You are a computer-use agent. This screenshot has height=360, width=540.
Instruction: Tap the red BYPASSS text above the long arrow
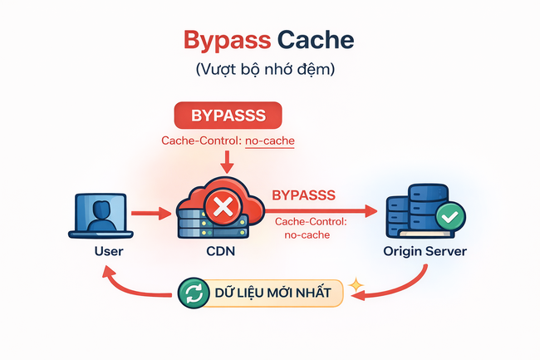304,196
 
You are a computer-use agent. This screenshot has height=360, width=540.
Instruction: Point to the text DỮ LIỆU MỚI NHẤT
268,293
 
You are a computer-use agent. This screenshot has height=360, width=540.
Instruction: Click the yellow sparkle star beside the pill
357,285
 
